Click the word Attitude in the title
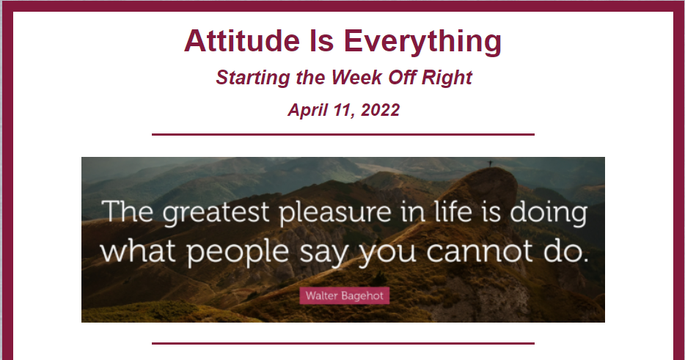pyautogui.click(x=242, y=40)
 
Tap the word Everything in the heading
pyautogui.click(x=422, y=42)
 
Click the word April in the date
pyautogui.click(x=307, y=110)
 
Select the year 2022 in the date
pyautogui.click(x=380, y=110)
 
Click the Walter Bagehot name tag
pyautogui.click(x=344, y=295)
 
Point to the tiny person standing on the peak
pyautogui.click(x=490, y=164)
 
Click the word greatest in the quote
pyautogui.click(x=216, y=213)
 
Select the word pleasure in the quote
pyautogui.click(x=335, y=213)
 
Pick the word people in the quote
pyautogui.click(x=238, y=252)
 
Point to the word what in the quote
pyautogui.click(x=138, y=251)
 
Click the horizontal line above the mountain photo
pyautogui.click(x=343, y=135)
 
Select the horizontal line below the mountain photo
pyautogui.click(x=343, y=343)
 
